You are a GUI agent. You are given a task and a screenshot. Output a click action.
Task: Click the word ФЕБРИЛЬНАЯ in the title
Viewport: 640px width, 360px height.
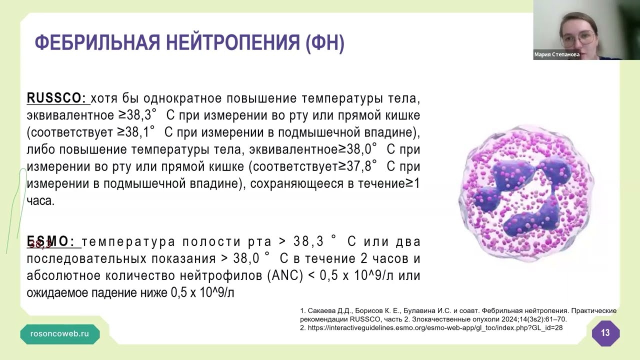pyautogui.click(x=97, y=42)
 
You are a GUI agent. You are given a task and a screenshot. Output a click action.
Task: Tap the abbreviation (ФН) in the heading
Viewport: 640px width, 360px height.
pyautogui.click(x=325, y=43)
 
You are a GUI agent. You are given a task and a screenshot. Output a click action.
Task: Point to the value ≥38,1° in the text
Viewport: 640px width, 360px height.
pyautogui.click(x=136, y=132)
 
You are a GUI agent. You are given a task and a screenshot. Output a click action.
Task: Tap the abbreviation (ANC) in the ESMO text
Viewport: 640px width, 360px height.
pyautogui.click(x=285, y=275)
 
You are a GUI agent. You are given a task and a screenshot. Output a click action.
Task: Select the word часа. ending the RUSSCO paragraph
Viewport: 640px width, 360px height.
pyautogui.click(x=40, y=201)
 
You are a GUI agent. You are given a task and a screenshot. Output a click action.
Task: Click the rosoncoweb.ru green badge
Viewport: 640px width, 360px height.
pyautogui.click(x=59, y=333)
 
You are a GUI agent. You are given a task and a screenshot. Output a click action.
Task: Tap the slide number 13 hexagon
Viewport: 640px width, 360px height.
pyautogui.click(x=605, y=333)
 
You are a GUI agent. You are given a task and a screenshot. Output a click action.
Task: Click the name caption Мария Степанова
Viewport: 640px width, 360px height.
pyautogui.click(x=557, y=54)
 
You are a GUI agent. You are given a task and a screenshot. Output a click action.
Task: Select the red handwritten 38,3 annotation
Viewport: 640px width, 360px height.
pyautogui.click(x=40, y=244)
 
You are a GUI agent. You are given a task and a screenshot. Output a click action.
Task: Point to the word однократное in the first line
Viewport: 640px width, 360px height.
pyautogui.click(x=182, y=98)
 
